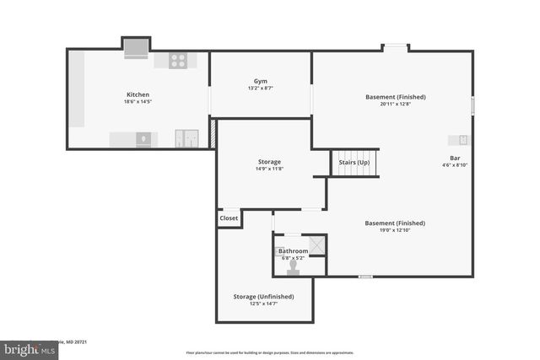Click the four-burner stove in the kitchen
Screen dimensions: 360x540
click(x=178, y=61)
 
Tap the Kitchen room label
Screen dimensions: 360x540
click(x=138, y=94)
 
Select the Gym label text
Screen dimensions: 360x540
click(x=260, y=81)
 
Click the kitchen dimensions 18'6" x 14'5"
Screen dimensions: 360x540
click(x=138, y=102)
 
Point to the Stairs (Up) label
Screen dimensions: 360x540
click(x=354, y=162)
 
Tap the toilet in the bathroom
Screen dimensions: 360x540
click(x=294, y=266)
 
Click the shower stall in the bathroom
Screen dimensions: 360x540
click(x=316, y=244)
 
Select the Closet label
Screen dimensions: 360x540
click(x=229, y=218)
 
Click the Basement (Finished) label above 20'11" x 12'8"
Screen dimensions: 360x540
click(x=396, y=97)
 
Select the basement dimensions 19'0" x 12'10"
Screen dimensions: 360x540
click(x=395, y=230)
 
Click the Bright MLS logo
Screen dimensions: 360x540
click(x=30, y=347)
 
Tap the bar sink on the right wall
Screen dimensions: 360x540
click(x=462, y=140)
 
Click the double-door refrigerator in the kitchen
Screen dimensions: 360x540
click(x=186, y=139)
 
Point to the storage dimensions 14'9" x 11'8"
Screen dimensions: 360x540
click(x=270, y=169)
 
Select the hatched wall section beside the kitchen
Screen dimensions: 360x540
click(x=213, y=133)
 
